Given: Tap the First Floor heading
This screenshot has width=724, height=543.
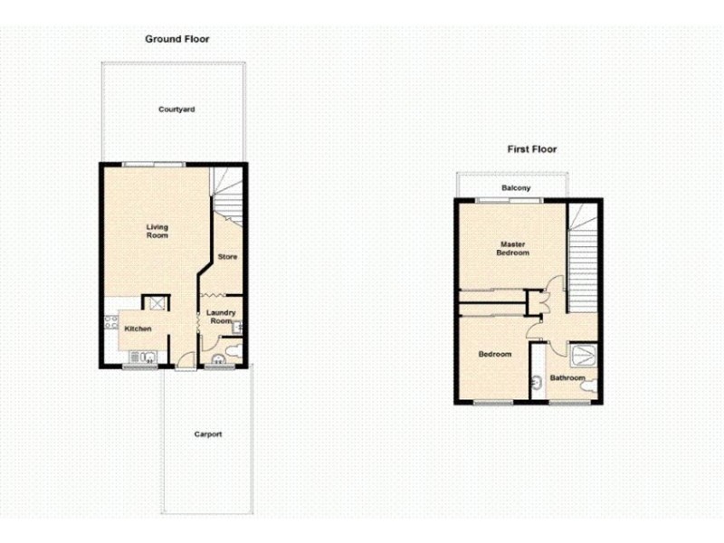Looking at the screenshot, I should [x=531, y=149].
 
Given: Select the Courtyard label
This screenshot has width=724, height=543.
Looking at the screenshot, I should [x=176, y=110].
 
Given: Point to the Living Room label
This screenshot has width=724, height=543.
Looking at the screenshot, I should [x=157, y=231].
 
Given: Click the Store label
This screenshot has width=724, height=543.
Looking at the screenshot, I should [x=227, y=257].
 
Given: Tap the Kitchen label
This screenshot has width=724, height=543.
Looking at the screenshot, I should [x=138, y=329].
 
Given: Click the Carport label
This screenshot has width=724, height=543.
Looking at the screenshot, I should [x=207, y=434].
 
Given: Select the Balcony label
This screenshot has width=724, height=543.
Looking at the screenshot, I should [x=516, y=188].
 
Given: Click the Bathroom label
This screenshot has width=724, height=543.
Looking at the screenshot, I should [x=567, y=377].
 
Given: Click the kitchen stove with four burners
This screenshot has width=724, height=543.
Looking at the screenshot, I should [x=111, y=321].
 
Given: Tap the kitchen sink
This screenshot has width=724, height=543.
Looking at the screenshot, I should [x=142, y=356].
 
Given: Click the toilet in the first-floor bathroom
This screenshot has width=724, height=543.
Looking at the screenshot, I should [x=589, y=386].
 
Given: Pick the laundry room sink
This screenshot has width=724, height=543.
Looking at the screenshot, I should [x=236, y=327].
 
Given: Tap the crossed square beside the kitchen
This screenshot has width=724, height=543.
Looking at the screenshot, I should [x=156, y=304].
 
